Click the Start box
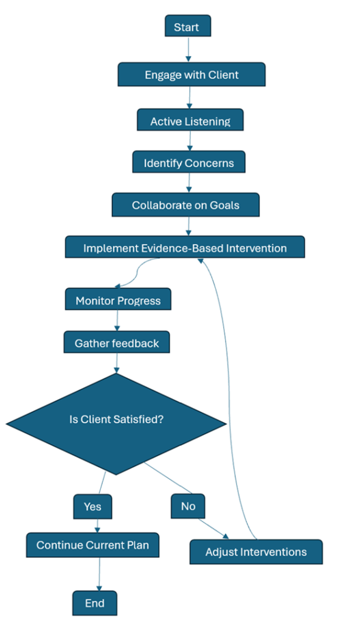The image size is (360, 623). pos(188,26)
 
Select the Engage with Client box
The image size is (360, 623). pos(192,75)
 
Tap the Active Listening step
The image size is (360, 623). pos(190,120)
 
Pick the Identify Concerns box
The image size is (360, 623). pos(189,162)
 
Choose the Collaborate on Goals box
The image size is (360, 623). pos(185,205)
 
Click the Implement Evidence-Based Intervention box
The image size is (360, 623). pos(185,247)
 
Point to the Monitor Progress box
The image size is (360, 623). pos(118,299)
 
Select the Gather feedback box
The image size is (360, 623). pos(117,343)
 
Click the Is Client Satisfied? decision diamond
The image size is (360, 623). pos(116,424)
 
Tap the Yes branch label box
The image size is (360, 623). pos(92,507)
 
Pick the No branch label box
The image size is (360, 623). pos(188,506)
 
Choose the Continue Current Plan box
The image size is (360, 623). pos(92,545)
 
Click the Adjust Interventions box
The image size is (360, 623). pos(256,552)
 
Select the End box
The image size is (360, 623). pos(95,603)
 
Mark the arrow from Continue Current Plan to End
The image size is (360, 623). pos(99,574)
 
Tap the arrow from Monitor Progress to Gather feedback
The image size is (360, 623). pos(117,321)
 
